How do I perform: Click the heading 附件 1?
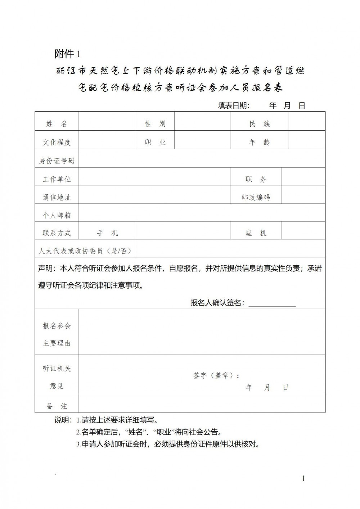(x=67, y=54)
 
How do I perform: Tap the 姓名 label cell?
(x=57, y=124)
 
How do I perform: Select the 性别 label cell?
(x=155, y=124)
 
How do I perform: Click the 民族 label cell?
(x=259, y=124)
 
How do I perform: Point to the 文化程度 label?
(x=57, y=142)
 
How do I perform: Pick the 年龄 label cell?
(x=259, y=142)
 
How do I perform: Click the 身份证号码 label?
(x=57, y=161)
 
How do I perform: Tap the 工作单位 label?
(x=57, y=179)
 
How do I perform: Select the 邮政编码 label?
(x=256, y=197)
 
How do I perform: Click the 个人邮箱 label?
(x=57, y=215)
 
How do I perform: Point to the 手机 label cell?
(x=107, y=233)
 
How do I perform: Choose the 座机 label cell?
(x=256, y=233)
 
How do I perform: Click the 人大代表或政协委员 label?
(x=85, y=251)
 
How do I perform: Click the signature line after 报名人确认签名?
(x=272, y=305)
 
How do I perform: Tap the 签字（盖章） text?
(x=216, y=375)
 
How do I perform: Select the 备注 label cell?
(x=57, y=406)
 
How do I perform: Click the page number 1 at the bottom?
(x=303, y=478)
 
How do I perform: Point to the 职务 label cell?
(x=256, y=179)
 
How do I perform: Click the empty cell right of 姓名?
(x=107, y=124)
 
